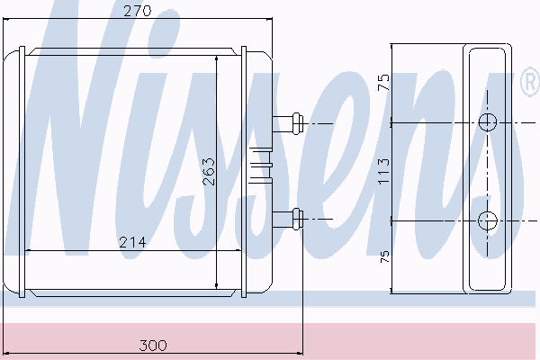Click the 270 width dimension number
pos(137,11)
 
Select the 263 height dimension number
pos(209,172)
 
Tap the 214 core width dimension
pos(132,242)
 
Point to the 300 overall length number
pos(153,345)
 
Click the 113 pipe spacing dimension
pos(383,171)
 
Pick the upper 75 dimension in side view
pos(383,82)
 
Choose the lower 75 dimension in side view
pos(384,256)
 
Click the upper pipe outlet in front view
pos(288,123)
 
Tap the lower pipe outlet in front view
pos(288,219)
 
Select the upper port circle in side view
pos(488,122)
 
